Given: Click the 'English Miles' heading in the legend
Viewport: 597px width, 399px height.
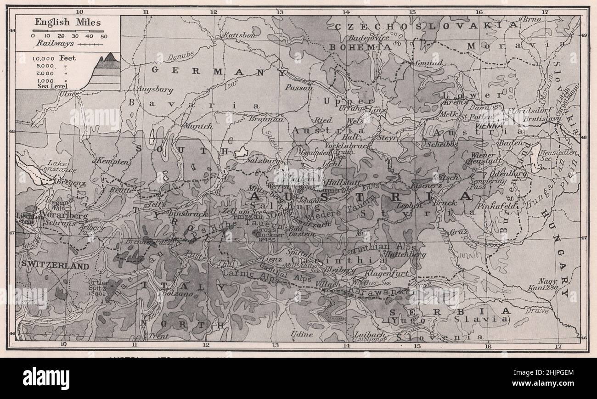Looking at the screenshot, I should (x=68, y=22).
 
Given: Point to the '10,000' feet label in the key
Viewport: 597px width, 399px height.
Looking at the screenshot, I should (x=44, y=58).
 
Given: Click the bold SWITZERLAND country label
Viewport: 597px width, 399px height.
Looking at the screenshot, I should (x=54, y=266).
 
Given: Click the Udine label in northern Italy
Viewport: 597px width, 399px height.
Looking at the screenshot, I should (x=302, y=335).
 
